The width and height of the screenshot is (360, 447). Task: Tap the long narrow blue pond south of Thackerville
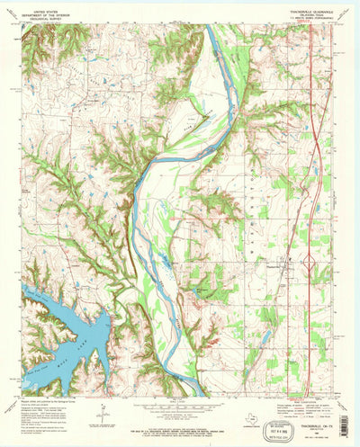click(265, 339)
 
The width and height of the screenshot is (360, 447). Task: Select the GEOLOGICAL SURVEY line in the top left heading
click(44, 20)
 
